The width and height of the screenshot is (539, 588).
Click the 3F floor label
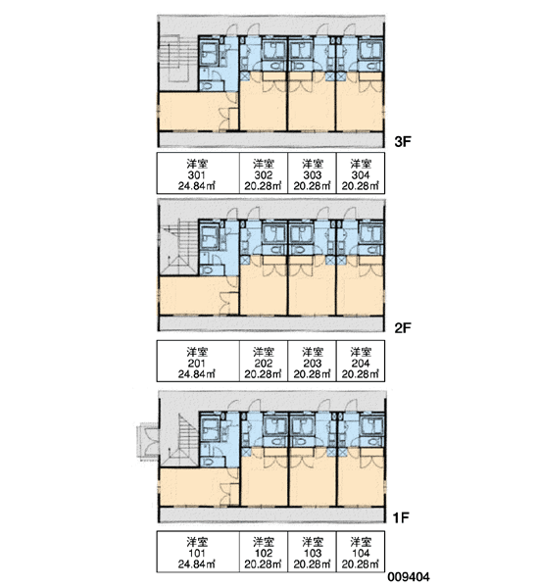pyautogui.click(x=403, y=141)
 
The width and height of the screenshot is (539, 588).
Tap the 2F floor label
pyautogui.click(x=403, y=327)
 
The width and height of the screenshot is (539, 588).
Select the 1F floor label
pyautogui.click(x=400, y=517)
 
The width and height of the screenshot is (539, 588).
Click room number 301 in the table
pyautogui.click(x=197, y=175)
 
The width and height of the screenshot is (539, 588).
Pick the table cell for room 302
pyautogui.click(x=264, y=172)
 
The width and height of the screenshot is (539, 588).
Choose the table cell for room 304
pyautogui.click(x=361, y=172)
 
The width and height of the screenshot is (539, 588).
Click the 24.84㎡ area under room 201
pyautogui.click(x=197, y=374)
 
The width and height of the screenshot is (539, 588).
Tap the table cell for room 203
pyautogui.click(x=312, y=361)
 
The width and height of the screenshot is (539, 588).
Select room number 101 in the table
pyautogui.click(x=197, y=553)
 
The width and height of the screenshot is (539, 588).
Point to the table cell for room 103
pyautogui.click(x=312, y=551)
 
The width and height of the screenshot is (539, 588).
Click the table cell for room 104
pyautogui.click(x=361, y=551)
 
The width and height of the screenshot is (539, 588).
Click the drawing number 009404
pyautogui.click(x=409, y=577)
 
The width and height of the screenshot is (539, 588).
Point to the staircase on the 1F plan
pyautogui.click(x=180, y=439)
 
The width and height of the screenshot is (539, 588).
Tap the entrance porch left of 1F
pyautogui.click(x=147, y=440)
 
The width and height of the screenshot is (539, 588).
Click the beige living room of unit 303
pyautogui.click(x=312, y=105)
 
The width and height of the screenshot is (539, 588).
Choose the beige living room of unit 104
pyautogui.click(x=361, y=481)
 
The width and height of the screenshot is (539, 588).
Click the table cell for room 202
pyautogui.click(x=264, y=361)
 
